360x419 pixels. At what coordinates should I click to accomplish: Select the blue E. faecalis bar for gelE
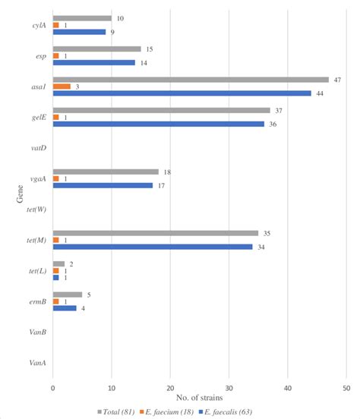coord(159,124)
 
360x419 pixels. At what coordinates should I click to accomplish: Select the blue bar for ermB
coord(65,308)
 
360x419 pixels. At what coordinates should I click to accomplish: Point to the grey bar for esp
coord(96,49)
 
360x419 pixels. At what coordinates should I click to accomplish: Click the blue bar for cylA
coord(79,32)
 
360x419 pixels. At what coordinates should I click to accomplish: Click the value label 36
coord(271,124)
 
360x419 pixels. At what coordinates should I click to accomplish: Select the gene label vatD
coord(38,148)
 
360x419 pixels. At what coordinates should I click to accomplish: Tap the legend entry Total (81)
coord(117,411)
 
